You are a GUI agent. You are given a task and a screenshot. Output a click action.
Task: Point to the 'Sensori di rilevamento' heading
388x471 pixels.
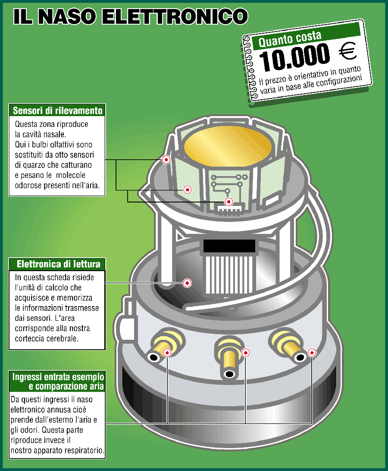58,111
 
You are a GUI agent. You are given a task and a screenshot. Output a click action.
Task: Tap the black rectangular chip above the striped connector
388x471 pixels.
225,246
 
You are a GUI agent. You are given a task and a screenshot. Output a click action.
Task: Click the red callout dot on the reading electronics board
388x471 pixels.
187,283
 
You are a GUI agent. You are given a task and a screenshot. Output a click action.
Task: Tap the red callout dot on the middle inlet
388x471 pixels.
246,353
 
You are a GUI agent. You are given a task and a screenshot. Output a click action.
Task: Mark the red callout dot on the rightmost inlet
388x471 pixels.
312,353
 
